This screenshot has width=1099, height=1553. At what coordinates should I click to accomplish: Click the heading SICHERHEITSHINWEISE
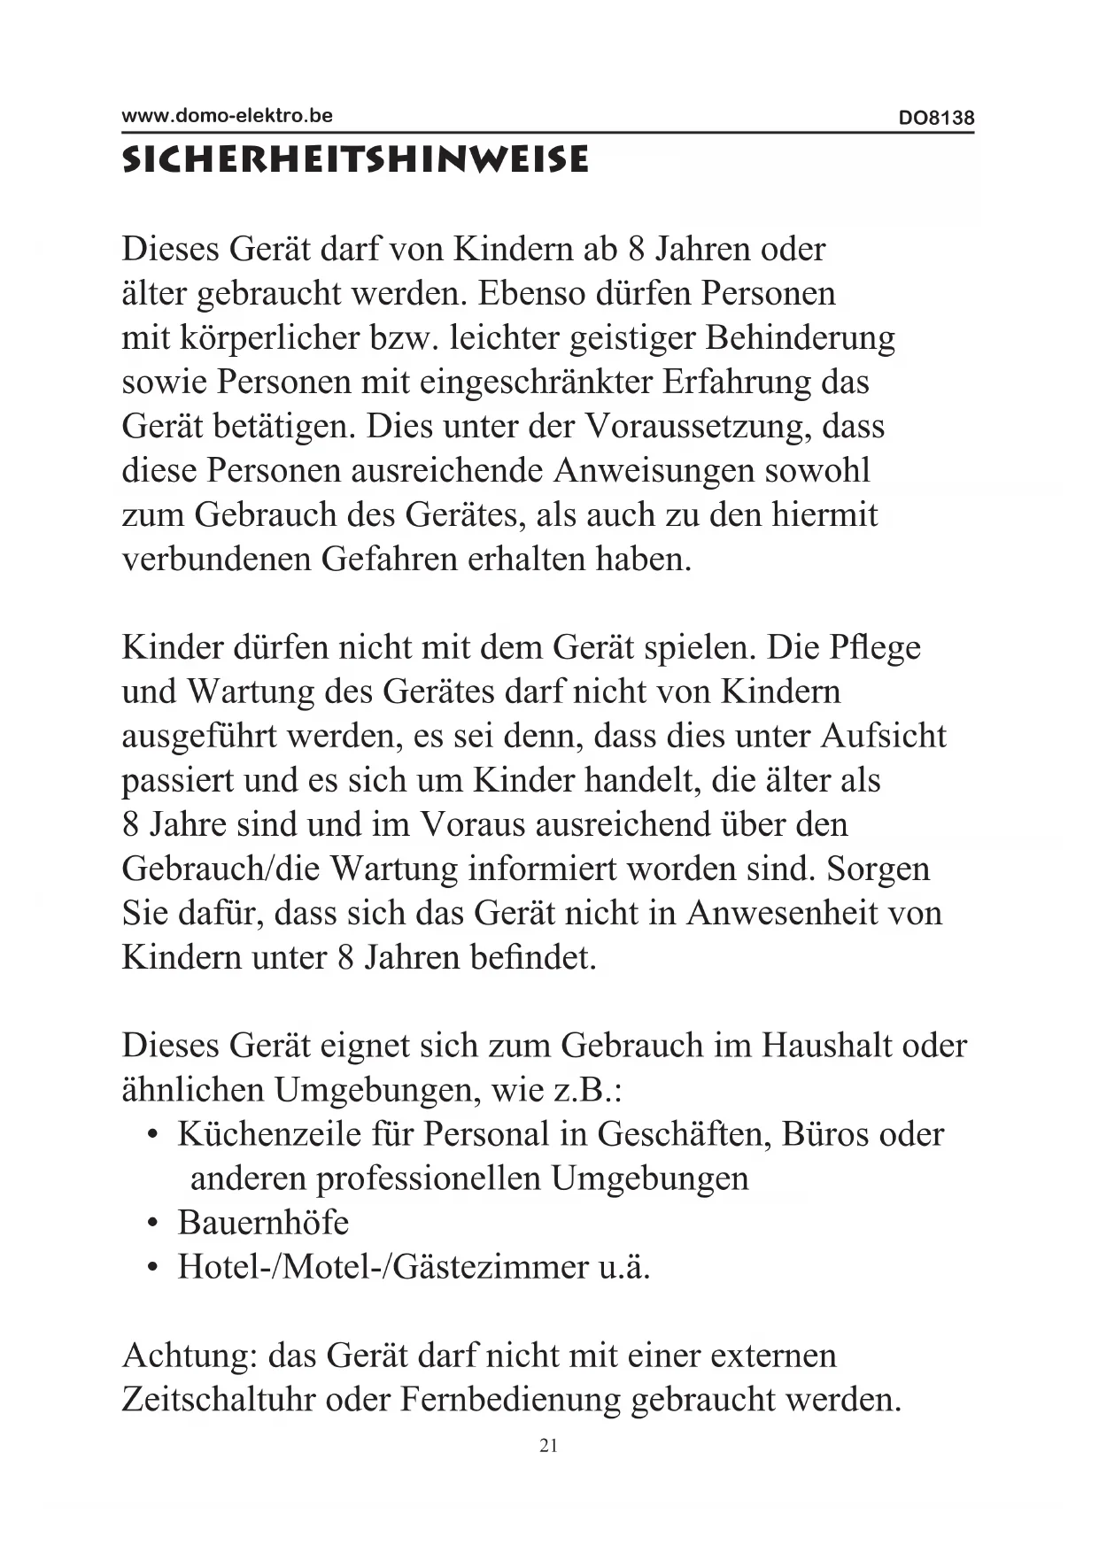pyautogui.click(x=354, y=160)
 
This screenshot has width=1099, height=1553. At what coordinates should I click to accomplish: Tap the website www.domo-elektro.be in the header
pyautogui.click(x=227, y=115)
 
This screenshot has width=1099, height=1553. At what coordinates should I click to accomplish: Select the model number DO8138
pyautogui.click(x=936, y=118)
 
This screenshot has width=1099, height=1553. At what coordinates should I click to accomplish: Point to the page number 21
pyautogui.click(x=548, y=1446)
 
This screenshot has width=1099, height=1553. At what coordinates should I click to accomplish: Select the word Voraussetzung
pyautogui.click(x=698, y=427)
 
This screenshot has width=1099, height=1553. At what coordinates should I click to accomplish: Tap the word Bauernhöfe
pyautogui.click(x=263, y=1224)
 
